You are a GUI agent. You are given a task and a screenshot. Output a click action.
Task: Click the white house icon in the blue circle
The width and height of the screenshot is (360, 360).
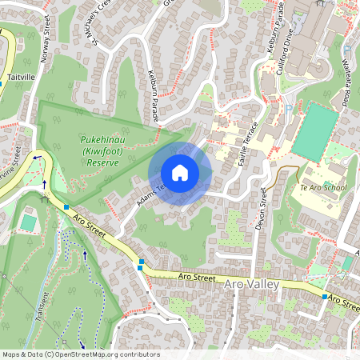click(180, 173)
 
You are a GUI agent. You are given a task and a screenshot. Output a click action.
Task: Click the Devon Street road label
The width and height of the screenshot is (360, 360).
click(262, 209)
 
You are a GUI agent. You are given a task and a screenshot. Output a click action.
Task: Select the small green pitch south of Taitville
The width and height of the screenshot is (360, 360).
click(30, 222)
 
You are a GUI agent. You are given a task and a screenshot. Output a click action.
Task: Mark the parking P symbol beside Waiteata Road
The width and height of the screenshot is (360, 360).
click(287, 108)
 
